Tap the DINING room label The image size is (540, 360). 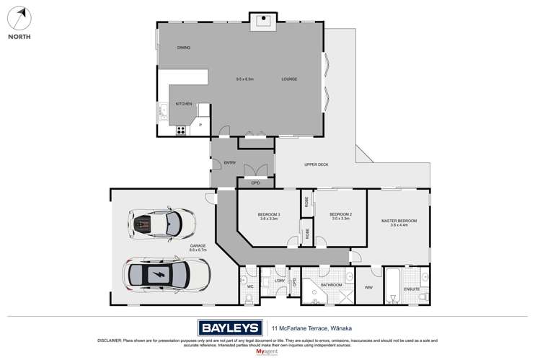184,48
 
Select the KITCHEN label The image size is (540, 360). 182,104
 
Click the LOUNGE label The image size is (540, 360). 289,79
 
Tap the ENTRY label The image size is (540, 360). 230,162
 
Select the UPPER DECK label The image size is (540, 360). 317,165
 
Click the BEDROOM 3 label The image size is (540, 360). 269,215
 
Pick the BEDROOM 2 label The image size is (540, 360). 340,215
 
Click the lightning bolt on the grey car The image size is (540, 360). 159,274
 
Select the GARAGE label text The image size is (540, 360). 198,246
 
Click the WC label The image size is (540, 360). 250,286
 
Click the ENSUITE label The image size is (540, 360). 412,290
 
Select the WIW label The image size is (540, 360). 368,287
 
